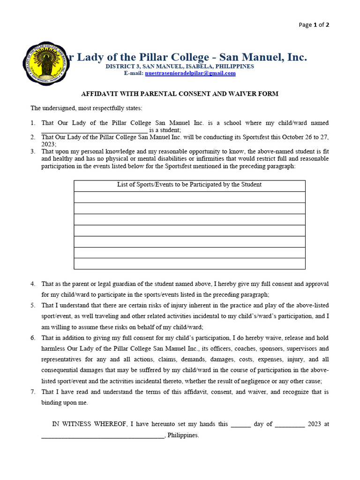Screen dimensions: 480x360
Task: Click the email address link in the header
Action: (x=190, y=74)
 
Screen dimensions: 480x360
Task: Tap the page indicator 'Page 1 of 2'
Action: (x=314, y=25)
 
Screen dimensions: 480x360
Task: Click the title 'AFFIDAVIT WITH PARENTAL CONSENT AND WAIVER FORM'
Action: (x=180, y=94)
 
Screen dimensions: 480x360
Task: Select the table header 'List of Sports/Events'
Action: (x=189, y=185)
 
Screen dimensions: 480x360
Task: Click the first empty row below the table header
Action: (x=189, y=197)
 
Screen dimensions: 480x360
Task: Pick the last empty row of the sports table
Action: (x=189, y=264)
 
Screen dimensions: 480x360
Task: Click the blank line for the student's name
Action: (x=94, y=130)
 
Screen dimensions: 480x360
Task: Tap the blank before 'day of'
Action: (x=241, y=424)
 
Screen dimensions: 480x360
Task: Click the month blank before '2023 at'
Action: (x=289, y=424)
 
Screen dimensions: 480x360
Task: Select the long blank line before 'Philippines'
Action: (x=103, y=435)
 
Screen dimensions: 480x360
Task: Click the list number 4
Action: (x=33, y=284)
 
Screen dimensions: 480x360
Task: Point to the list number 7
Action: (x=33, y=392)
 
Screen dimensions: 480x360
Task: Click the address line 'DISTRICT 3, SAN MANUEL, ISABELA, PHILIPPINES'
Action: (x=180, y=67)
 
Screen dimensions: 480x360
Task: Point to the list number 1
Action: (x=33, y=123)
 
